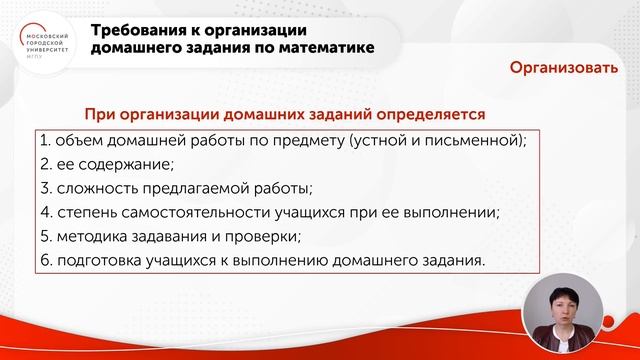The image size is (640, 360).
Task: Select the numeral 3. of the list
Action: pyautogui.click(x=45, y=188)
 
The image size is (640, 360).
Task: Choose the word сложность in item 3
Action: pyautogui.click(x=97, y=188)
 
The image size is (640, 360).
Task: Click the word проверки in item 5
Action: pyautogui.click(x=265, y=237)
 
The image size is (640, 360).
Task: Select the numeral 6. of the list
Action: pyautogui.click(x=45, y=261)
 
